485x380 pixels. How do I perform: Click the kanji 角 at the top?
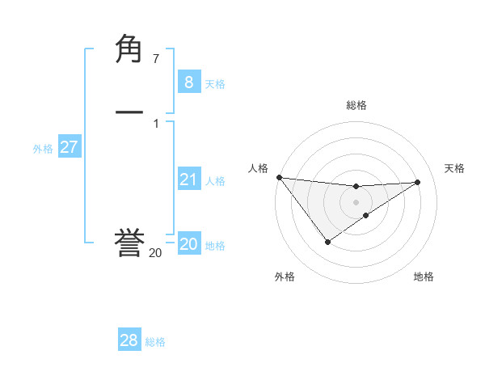click(129, 50)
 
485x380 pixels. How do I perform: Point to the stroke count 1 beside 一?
click(155, 123)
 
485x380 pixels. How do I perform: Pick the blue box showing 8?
click(188, 82)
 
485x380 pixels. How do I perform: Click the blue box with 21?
click(188, 179)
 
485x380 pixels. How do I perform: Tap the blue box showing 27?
click(69, 147)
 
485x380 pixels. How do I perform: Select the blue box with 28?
click(129, 340)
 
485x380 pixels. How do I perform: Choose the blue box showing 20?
click(188, 244)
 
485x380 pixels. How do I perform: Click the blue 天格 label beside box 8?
click(215, 84)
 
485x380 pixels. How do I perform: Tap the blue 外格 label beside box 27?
click(43, 149)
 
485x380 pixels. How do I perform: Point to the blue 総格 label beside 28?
click(155, 343)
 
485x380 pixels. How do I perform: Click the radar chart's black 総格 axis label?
click(356, 105)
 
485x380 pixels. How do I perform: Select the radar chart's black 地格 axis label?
click(424, 277)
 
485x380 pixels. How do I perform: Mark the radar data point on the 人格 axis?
click(279, 177)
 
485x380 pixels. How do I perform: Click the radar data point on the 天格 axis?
click(417, 182)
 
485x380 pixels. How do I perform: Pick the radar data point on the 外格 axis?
click(327, 241)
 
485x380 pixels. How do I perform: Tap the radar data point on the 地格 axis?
click(366, 215)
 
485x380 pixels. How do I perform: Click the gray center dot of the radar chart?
click(356, 201)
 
